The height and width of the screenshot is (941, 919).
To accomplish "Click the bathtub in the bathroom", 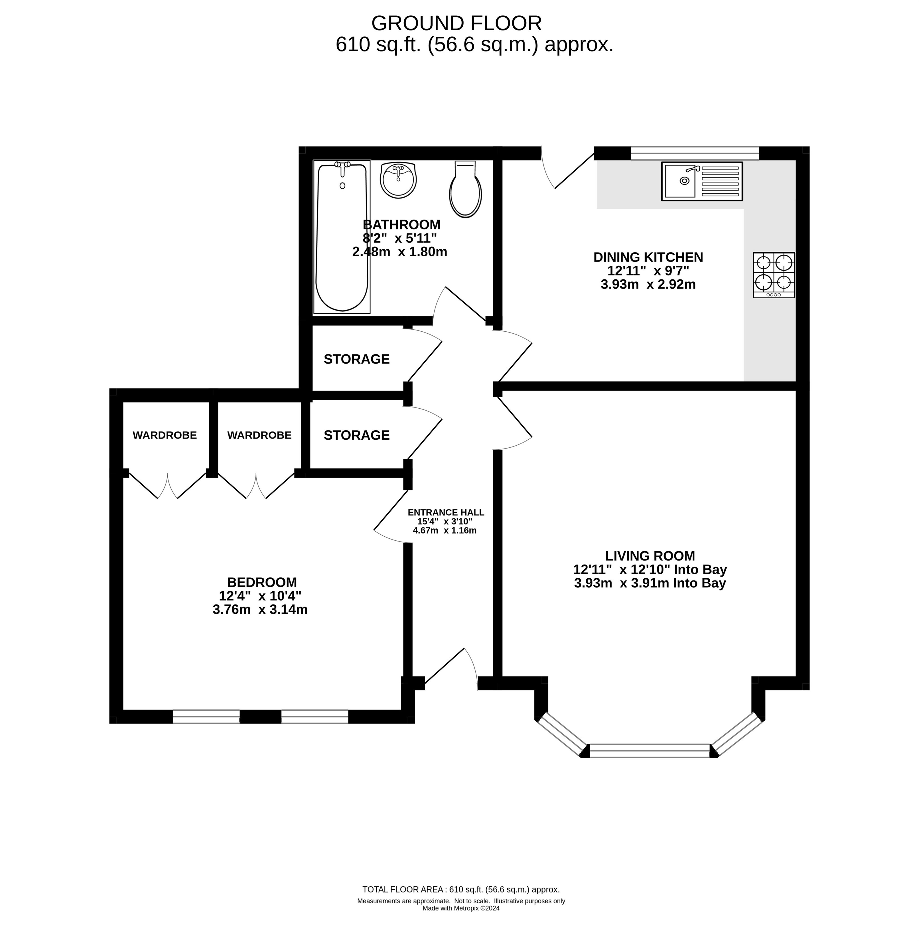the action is (x=342, y=237).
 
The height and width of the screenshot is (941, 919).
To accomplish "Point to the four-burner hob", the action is (x=774, y=275).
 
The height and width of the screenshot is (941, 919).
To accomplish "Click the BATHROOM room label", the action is (x=401, y=224).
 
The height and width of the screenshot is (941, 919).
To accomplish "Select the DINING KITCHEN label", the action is (x=648, y=257).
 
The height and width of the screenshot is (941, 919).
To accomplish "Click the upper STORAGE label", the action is (x=357, y=359).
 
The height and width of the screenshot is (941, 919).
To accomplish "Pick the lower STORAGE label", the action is (x=357, y=435).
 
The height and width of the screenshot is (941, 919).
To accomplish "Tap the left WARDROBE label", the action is (x=165, y=435).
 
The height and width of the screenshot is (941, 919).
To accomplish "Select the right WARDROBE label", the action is (x=259, y=435).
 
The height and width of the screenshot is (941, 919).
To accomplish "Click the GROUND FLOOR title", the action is (x=457, y=23).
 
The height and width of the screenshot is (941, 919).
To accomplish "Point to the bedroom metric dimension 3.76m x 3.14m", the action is (x=260, y=609).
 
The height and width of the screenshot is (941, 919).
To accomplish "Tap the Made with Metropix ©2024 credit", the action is (x=461, y=908).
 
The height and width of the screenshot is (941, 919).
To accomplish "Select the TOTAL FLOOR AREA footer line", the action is (x=461, y=889).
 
